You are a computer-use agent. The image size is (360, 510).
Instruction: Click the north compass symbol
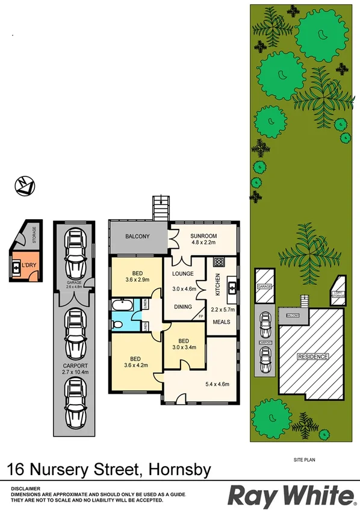tap(25, 185)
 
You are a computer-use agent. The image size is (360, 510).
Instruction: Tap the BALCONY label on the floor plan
tap(137, 237)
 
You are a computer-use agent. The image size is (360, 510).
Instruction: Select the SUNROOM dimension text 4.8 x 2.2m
tap(203, 243)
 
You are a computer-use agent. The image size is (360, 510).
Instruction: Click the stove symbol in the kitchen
tap(219, 262)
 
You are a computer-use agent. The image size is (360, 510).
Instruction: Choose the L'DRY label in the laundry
tap(29, 265)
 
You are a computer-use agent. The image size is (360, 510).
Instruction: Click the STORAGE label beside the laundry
tap(35, 234)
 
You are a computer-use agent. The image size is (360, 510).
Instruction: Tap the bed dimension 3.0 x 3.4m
tap(185, 347)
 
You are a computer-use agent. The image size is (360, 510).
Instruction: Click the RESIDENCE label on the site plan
tap(313, 356)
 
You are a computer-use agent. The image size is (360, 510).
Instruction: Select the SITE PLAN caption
tap(305, 459)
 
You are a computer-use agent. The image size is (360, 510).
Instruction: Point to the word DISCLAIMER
tap(25, 488)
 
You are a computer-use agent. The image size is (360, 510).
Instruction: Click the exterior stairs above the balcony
tap(161, 208)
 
